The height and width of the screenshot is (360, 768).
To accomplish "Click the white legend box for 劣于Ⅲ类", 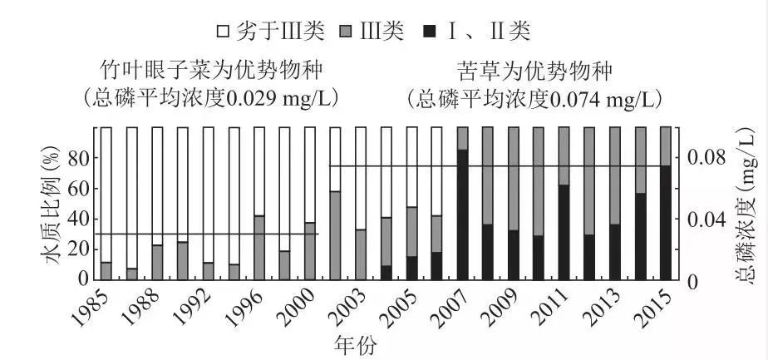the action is tap(223, 32).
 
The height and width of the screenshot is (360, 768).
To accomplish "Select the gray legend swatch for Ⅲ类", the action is tap(345, 32).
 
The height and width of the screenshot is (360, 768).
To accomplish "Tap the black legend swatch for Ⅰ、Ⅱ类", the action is tap(430, 32).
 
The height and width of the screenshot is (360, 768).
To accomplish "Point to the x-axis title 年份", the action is tap(356, 345).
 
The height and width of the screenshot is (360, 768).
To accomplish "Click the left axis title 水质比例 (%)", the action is tap(52, 205).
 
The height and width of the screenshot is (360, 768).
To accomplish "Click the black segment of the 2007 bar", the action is tap(462, 215).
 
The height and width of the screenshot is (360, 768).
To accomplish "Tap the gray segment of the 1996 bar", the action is tap(259, 248).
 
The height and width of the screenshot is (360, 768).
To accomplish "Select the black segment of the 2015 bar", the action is tap(666, 223).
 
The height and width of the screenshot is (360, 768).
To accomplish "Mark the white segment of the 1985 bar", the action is tap(106, 195).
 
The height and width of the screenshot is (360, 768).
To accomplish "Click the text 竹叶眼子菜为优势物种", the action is tap(211, 71).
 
